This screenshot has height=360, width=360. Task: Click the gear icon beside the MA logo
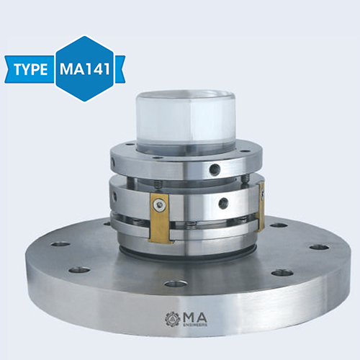click(x=171, y=318)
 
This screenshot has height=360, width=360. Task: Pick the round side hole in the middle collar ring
click(x=223, y=203)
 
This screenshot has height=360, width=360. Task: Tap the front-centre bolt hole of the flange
click(x=175, y=283)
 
